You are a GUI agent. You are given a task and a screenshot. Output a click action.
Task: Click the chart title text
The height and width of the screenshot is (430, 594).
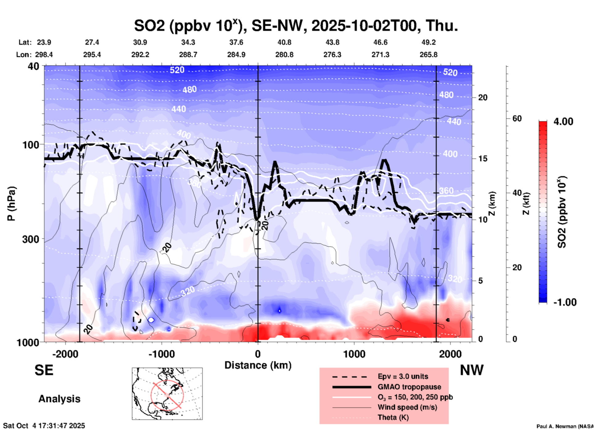pyautogui.click(x=296, y=26)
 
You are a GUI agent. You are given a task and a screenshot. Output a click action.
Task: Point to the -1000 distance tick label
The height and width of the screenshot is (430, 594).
pyautogui.click(x=161, y=354)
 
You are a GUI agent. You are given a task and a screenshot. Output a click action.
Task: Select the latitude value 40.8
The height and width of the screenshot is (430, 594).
pyautogui.click(x=284, y=42)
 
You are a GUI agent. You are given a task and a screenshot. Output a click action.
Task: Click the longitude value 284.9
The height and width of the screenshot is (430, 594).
pyautogui.click(x=236, y=55)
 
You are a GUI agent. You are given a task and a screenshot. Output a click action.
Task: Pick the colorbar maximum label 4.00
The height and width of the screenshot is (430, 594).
pyautogui.click(x=563, y=122)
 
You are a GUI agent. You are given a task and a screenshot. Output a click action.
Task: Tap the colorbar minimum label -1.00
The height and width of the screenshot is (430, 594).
pyautogui.click(x=565, y=302)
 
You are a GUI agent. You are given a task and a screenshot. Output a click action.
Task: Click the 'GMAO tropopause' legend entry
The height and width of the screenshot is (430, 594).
pyautogui.click(x=409, y=387)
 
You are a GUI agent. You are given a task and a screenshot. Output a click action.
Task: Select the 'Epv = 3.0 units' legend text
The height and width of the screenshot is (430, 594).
pyautogui.click(x=403, y=376)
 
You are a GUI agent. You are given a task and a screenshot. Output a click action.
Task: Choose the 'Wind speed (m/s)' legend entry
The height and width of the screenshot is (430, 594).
pyautogui.click(x=407, y=407)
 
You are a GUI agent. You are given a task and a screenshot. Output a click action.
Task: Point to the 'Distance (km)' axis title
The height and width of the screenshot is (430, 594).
pyautogui.click(x=258, y=365)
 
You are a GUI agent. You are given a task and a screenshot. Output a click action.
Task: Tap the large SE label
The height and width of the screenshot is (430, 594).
pyautogui.click(x=44, y=370)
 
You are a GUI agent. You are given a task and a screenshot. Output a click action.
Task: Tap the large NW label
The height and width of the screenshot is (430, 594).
pyautogui.click(x=472, y=370)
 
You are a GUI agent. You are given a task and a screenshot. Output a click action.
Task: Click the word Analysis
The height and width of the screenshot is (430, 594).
pyautogui.click(x=59, y=399)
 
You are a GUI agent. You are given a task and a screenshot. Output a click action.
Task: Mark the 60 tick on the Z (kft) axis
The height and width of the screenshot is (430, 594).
pyautogui.click(x=517, y=118)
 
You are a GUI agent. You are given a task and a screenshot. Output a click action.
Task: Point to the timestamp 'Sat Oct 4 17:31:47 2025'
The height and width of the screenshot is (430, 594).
pyautogui.click(x=44, y=426)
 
